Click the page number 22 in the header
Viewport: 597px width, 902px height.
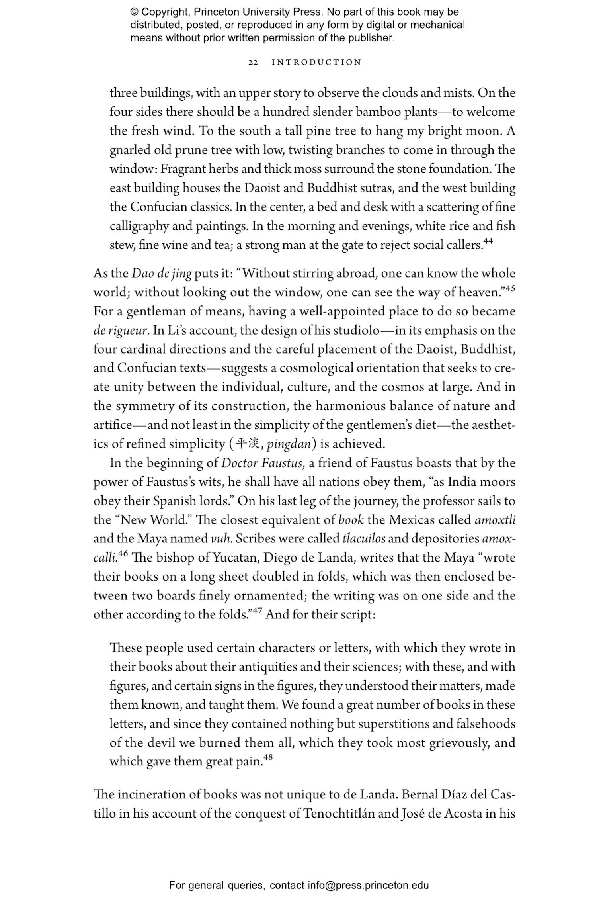pyautogui.click(x=253, y=62)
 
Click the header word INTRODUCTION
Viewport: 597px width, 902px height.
pyautogui.click(x=316, y=62)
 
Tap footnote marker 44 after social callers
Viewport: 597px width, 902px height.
pyautogui.click(x=488, y=241)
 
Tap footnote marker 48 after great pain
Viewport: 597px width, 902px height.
pyautogui.click(x=268, y=757)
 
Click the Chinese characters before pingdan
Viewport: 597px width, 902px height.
pyautogui.click(x=247, y=443)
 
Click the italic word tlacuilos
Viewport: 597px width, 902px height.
pyautogui.click(x=364, y=539)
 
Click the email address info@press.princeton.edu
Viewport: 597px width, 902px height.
pyautogui.click(x=368, y=885)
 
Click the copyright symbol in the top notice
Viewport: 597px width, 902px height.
pyautogui.click(x=134, y=12)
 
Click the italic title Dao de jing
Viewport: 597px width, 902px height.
pyautogui.click(x=162, y=274)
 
